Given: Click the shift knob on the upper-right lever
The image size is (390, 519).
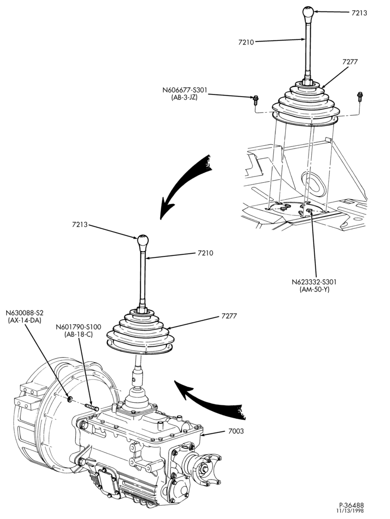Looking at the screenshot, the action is (x=308, y=12).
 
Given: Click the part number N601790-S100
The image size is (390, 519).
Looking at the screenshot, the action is (x=78, y=327).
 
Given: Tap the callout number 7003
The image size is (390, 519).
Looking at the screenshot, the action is (x=236, y=431).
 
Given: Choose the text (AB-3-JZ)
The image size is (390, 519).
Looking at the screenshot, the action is (x=185, y=98).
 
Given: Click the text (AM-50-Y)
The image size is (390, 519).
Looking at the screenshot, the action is (x=315, y=289).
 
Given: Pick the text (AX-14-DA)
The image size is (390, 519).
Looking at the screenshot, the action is (x=24, y=320).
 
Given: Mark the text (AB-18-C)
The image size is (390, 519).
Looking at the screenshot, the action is (x=78, y=334).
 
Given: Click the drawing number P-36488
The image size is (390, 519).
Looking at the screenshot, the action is (x=351, y=506).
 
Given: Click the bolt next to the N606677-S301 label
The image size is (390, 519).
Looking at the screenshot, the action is (x=256, y=98).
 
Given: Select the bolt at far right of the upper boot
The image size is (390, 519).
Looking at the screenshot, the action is (x=360, y=96).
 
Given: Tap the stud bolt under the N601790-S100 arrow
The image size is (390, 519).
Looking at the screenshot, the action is (x=92, y=406).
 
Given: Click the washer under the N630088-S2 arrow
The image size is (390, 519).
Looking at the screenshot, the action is (x=70, y=399).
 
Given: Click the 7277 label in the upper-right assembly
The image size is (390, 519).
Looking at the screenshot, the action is (x=350, y=62).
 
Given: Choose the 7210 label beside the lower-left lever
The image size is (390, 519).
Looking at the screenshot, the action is (x=205, y=253).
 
